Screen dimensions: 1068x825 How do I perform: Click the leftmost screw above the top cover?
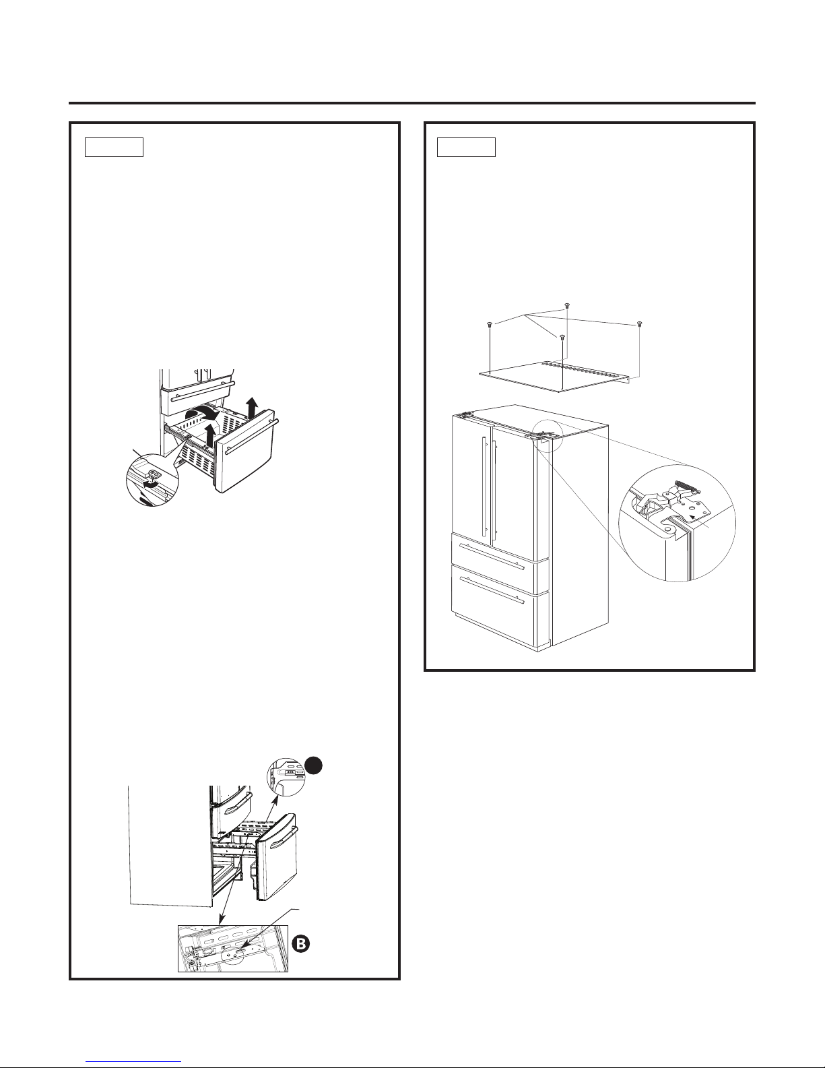[x=488, y=325]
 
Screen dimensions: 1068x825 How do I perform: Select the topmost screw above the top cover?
[x=567, y=305]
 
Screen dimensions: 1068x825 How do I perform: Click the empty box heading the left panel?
[x=114, y=146]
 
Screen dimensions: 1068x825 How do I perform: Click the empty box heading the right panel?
[x=466, y=146]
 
